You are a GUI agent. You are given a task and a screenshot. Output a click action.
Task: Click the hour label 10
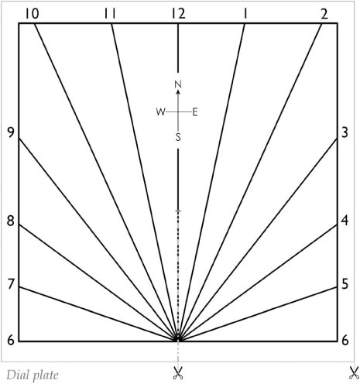[33, 14]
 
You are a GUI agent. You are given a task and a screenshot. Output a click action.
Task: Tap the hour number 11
[110, 14]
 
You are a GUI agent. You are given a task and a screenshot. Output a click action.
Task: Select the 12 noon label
[179, 14]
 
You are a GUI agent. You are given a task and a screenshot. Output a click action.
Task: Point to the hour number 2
[324, 14]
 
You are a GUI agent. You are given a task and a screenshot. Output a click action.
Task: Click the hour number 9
[11, 132]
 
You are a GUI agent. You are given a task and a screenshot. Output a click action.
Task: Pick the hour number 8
[11, 221]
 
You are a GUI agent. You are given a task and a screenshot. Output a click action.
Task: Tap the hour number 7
[11, 284]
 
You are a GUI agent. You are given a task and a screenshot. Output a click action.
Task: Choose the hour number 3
[345, 132]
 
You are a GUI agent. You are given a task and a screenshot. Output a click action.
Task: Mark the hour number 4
[345, 221]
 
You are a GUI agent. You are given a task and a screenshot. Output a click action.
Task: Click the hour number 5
[345, 284]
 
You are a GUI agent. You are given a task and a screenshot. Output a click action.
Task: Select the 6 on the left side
[11, 341]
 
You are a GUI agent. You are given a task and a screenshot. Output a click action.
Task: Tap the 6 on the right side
[345, 341]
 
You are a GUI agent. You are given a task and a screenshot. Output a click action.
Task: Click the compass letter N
[178, 84]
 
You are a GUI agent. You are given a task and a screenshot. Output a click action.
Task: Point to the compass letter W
[161, 112]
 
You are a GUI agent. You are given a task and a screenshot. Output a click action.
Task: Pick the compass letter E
[195, 112]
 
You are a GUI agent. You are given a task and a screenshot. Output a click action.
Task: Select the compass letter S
[178, 137]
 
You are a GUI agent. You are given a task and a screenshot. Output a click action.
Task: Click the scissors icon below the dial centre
[178, 373]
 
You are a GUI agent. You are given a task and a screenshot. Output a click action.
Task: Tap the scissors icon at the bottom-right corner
[355, 373]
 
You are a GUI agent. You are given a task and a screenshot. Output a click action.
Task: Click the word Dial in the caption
[16, 375]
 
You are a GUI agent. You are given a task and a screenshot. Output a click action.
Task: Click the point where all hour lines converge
[178, 338]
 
